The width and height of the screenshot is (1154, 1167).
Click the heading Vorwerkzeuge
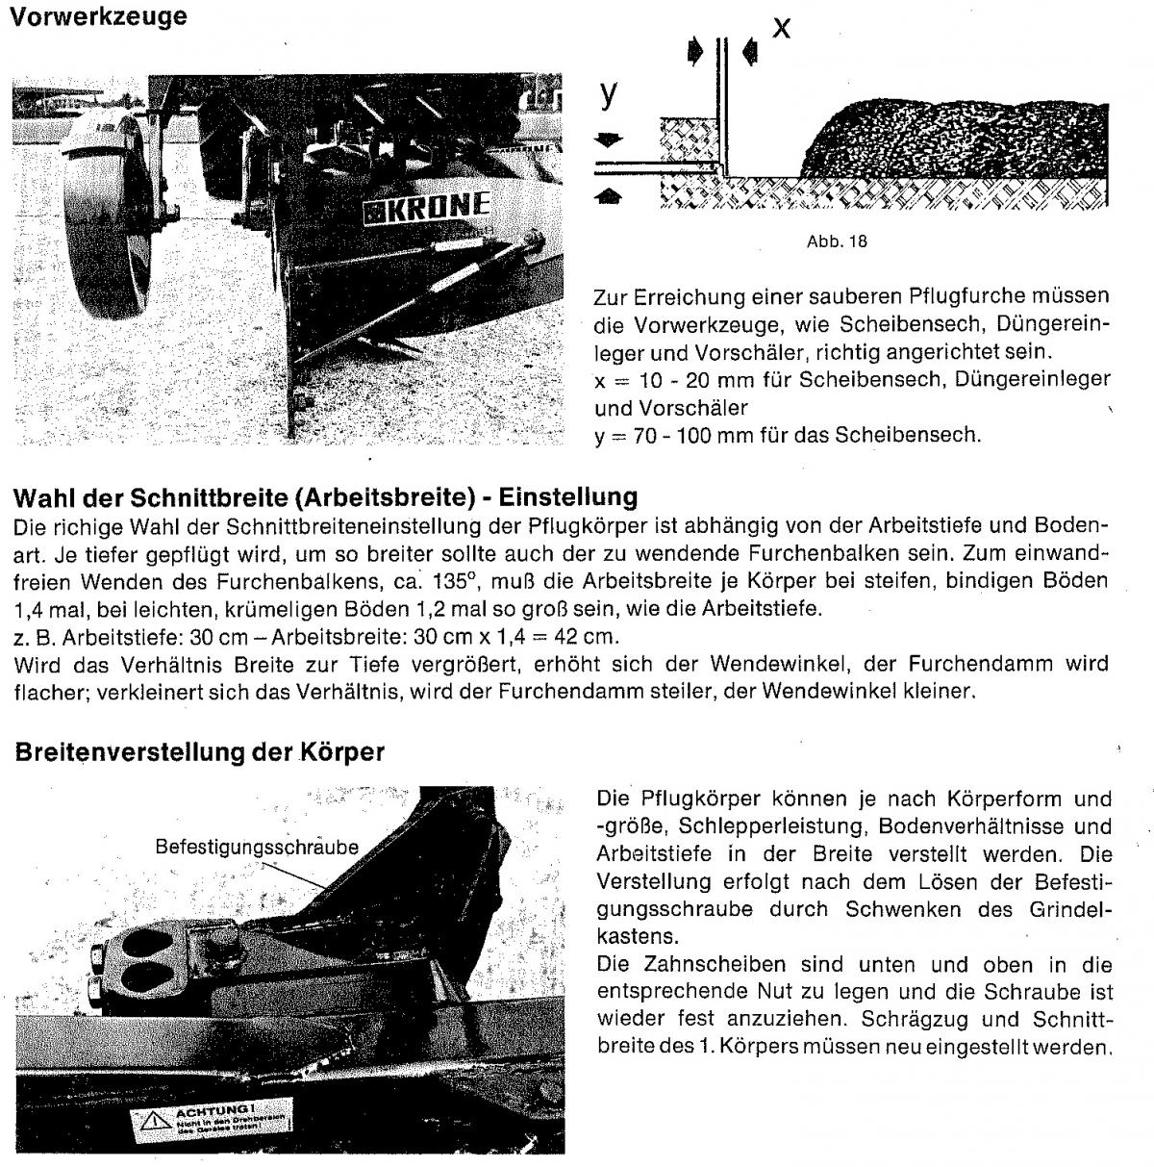(97, 17)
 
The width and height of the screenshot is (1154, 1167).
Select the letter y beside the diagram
(608, 93)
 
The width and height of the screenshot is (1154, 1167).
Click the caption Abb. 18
(837, 241)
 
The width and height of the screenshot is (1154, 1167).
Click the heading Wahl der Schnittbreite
(325, 497)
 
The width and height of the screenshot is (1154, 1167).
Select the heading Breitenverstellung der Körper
(200, 751)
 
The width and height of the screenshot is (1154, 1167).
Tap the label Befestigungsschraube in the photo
(257, 848)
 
